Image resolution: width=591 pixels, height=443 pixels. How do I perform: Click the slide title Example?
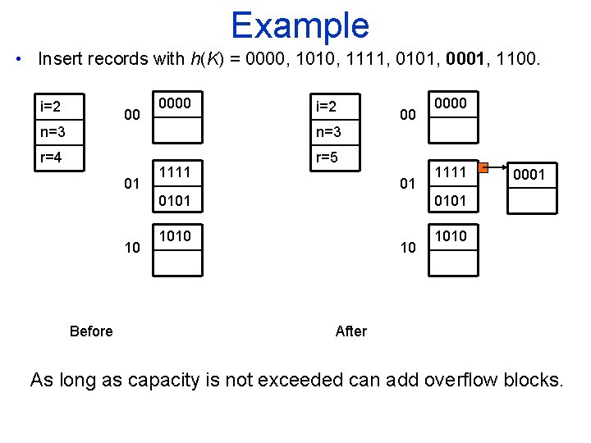pos(300,25)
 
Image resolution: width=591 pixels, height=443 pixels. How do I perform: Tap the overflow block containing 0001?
pos(529,174)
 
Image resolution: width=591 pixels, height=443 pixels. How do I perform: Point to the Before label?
pos(91,331)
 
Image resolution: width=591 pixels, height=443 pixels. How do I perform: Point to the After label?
pos(351,331)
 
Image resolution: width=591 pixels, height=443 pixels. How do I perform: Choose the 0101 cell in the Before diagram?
pos(177,199)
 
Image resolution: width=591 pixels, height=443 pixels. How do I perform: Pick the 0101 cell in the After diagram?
pos(453,199)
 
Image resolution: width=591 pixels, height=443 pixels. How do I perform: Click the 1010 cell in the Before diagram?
pos(177,236)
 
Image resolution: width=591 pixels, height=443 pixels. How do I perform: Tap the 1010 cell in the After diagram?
pos(453,236)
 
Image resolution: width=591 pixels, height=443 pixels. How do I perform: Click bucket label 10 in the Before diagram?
pos(131,248)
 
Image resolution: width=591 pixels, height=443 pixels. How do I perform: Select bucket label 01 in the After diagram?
pos(407,184)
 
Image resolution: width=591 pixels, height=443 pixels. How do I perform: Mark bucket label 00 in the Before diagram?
pos(131,116)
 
